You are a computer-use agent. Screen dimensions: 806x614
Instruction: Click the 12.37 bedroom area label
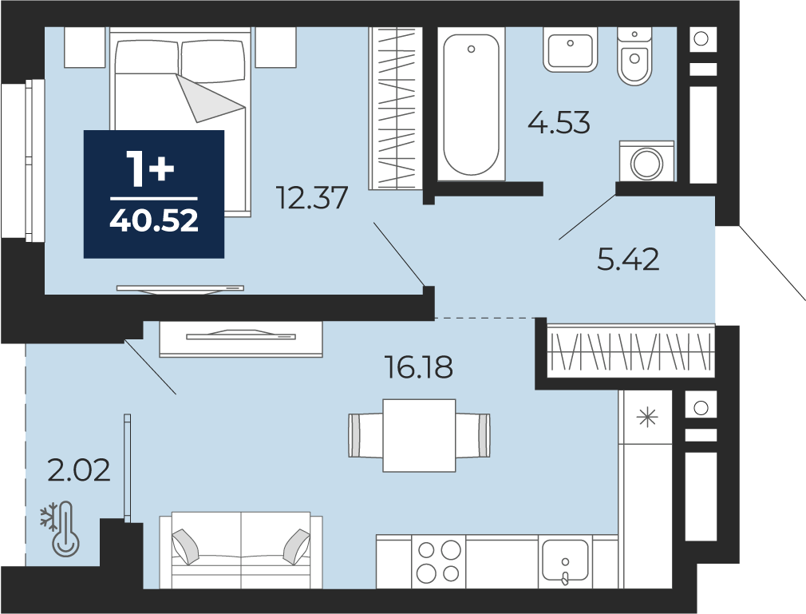click(312, 198)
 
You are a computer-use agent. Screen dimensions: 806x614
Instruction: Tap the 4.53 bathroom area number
click(559, 123)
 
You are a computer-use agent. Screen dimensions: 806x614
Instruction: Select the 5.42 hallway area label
click(628, 259)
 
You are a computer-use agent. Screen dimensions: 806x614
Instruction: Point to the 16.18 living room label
click(419, 367)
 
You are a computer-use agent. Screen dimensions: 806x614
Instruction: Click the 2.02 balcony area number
click(79, 470)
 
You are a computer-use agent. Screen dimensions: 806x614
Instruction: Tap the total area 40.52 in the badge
click(154, 221)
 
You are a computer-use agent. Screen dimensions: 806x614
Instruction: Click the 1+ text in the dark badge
click(152, 168)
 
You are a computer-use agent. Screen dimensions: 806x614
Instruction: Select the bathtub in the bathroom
click(471, 104)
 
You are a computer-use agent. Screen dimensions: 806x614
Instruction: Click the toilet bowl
click(635, 56)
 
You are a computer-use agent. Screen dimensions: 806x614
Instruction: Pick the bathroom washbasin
click(570, 50)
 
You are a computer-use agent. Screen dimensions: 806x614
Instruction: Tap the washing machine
click(646, 161)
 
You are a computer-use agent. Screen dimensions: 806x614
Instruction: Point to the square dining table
click(419, 436)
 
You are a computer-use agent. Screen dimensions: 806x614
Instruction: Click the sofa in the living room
click(240, 550)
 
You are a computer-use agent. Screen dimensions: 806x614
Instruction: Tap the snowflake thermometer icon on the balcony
click(61, 529)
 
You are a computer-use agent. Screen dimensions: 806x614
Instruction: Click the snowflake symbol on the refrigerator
click(647, 418)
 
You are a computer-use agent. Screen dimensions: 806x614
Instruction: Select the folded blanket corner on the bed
click(210, 97)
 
